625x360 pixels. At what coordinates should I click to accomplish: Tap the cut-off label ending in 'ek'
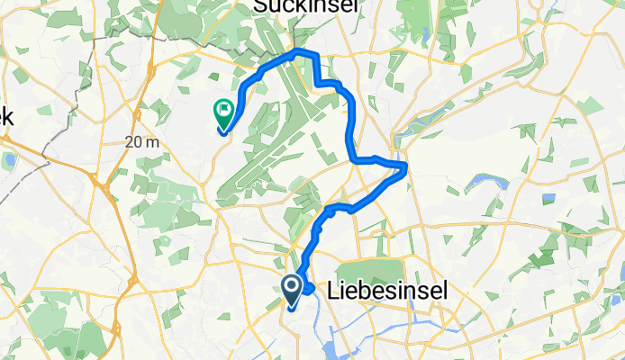click(6, 116)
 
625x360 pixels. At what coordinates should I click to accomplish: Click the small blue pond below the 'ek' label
click(10, 163)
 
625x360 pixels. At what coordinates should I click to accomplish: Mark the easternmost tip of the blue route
click(408, 166)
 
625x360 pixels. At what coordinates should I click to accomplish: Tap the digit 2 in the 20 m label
click(131, 142)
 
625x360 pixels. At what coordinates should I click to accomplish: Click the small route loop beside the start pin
click(309, 289)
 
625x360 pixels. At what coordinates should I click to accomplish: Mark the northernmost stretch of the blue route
click(304, 54)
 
